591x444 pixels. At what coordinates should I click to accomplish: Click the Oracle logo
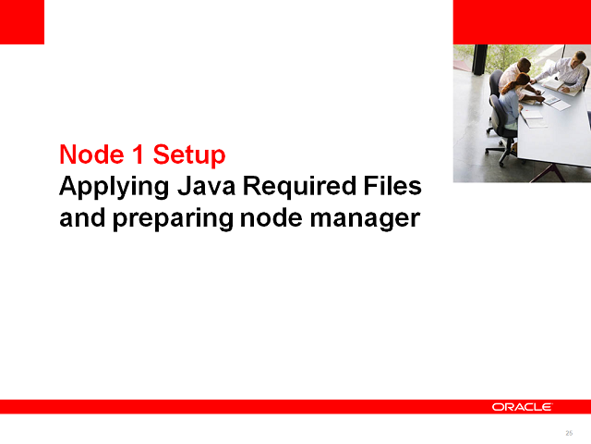(522, 407)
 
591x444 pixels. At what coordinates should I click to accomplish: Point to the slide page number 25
(569, 433)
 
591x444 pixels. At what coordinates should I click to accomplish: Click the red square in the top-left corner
(22, 21)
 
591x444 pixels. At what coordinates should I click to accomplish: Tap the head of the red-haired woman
(523, 80)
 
